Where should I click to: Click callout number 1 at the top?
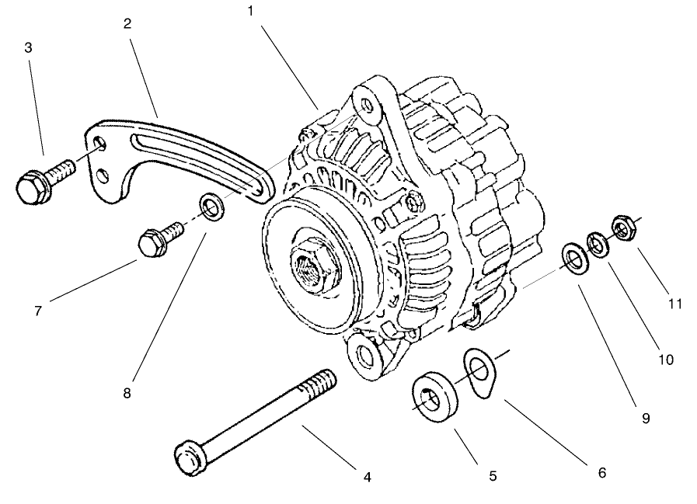point(251,11)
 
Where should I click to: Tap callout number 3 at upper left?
point(29,47)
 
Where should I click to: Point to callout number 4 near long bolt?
point(367,477)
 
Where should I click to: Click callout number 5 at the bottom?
point(493,474)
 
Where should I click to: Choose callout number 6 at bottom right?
point(601,471)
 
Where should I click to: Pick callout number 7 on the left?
point(37,311)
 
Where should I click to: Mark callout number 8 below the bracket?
point(127,393)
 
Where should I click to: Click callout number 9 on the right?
point(644,418)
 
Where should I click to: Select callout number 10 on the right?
point(666,360)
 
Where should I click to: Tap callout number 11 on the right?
point(674,304)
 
